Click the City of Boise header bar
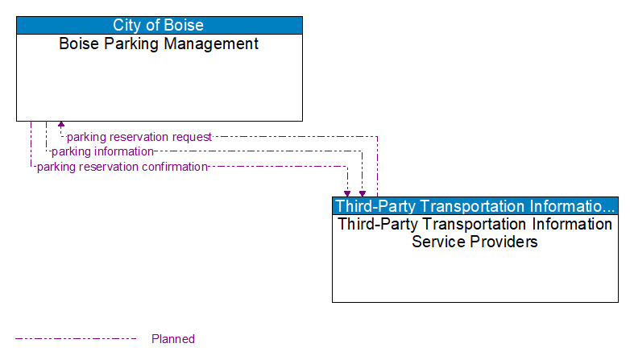pos(159,25)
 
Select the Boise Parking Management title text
pos(159,43)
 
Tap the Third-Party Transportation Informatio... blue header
pos(475,205)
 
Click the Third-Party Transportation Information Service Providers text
pos(475,232)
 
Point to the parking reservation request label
pos(139,137)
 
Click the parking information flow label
pos(102,151)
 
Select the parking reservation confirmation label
pos(122,167)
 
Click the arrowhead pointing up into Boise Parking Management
pos(61,125)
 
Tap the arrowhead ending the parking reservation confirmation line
pos(347,193)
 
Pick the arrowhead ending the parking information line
pos(363,193)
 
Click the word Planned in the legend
pos(173,339)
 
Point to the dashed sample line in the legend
pos(76,338)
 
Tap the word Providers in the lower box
pos(507,241)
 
